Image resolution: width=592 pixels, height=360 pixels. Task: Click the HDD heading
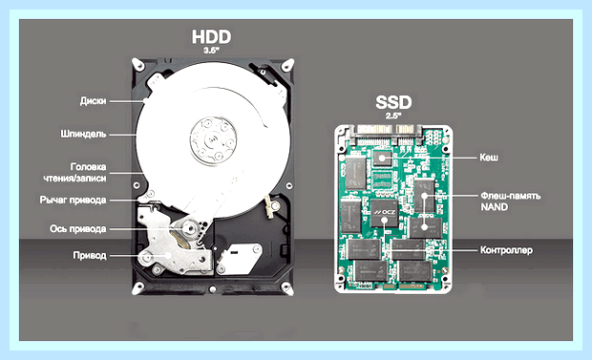[211, 36]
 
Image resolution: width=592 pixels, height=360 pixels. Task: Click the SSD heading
[393, 102]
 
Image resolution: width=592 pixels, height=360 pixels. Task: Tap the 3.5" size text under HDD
[211, 51]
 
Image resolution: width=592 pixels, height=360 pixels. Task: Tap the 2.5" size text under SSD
[393, 116]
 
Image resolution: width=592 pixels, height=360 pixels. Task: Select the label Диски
[93, 101]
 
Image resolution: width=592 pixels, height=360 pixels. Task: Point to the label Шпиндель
[83, 134]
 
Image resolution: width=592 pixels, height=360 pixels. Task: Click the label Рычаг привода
[73, 200]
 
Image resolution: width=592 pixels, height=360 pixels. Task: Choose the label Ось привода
[77, 229]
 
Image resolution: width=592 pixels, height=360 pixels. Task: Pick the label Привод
[90, 255]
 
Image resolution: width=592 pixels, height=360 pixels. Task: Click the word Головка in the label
[89, 166]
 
